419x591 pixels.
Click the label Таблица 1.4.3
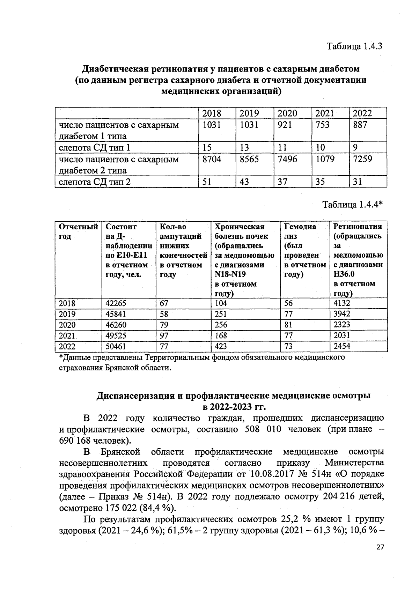coord(354,46)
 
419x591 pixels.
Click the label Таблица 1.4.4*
coord(352,204)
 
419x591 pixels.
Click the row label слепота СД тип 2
coord(94,182)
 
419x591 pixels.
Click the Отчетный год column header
coord(78,231)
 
